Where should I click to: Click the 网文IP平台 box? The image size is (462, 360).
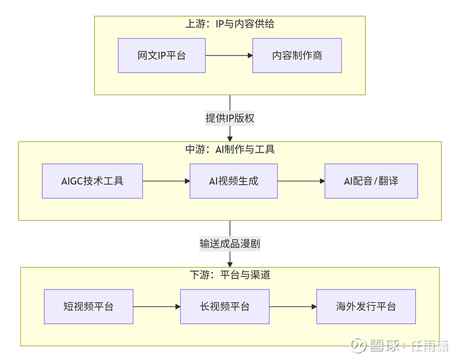[162, 55]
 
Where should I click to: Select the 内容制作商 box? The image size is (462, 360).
[297, 55]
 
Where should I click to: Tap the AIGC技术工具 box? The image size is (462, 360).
[92, 181]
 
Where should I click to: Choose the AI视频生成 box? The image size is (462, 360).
[233, 181]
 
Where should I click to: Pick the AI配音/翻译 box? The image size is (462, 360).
[371, 181]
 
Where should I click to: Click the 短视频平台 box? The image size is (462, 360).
[88, 306]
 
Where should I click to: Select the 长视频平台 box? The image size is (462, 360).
[225, 306]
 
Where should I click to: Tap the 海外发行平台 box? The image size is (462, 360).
[366, 306]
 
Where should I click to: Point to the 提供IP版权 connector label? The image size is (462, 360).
[230, 118]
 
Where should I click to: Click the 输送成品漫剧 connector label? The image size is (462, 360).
[230, 244]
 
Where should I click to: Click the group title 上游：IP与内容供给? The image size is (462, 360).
[230, 24]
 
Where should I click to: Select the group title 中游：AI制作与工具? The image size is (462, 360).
[230, 149]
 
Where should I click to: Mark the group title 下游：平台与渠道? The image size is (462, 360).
[230, 275]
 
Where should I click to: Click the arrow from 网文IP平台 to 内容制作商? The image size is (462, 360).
[229, 55]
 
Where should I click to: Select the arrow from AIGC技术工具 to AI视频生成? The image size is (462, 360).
[166, 181]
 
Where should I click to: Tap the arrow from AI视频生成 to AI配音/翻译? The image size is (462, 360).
[301, 181]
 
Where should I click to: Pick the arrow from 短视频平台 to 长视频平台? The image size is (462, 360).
[157, 306]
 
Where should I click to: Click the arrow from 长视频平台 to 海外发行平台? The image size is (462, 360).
[293, 306]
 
